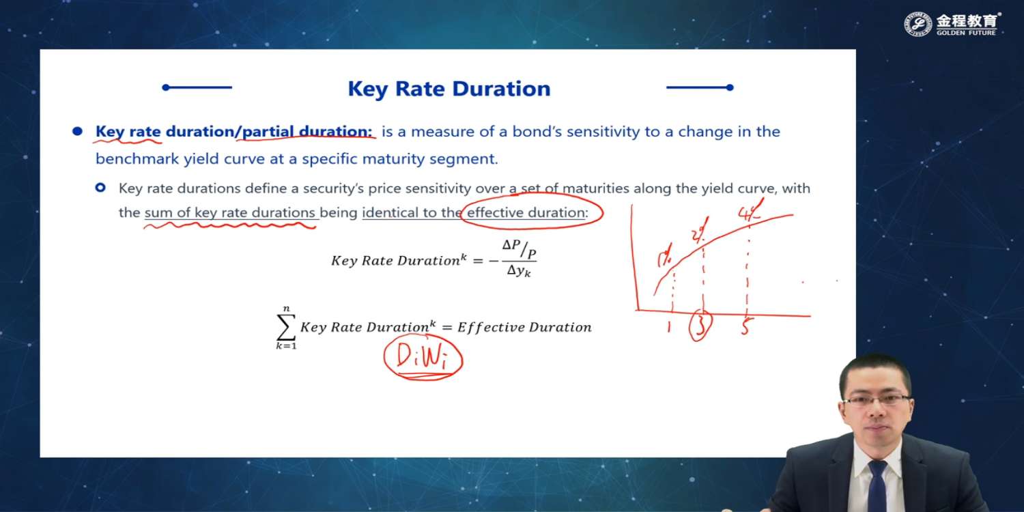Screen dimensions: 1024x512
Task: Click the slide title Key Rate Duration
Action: click(x=449, y=89)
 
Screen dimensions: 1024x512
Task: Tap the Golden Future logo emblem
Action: click(x=918, y=24)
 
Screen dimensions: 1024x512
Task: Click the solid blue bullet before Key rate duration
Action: click(x=78, y=132)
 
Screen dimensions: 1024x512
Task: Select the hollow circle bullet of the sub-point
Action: click(x=100, y=188)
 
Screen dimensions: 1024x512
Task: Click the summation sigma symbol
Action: click(x=286, y=327)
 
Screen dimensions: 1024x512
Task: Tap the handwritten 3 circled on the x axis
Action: click(x=700, y=326)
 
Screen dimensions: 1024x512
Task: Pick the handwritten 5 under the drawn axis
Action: click(x=746, y=326)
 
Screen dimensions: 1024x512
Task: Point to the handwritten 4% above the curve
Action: click(x=750, y=212)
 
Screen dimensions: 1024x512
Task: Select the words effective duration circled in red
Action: click(x=526, y=212)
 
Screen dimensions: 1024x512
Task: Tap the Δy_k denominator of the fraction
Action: click(x=519, y=270)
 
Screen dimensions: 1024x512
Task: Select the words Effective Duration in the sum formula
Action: click(x=524, y=327)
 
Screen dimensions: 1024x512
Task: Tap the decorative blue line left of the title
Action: click(x=197, y=87)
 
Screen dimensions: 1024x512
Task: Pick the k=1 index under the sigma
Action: click(x=286, y=346)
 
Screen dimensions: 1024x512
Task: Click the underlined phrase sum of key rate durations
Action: click(x=230, y=212)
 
